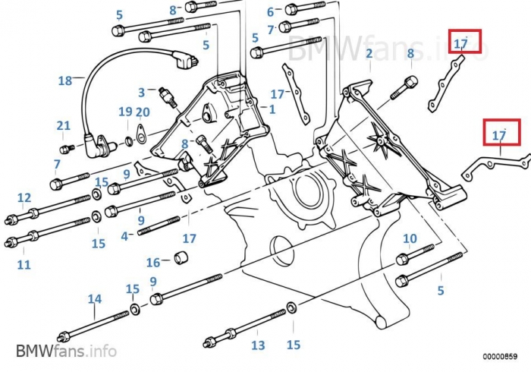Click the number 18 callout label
[64, 80]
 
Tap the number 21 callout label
[63, 125]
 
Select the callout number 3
[141, 93]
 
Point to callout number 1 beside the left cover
[272, 109]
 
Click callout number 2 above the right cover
[369, 53]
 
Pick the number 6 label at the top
[270, 12]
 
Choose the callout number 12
[24, 198]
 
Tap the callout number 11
[24, 264]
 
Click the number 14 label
[94, 299]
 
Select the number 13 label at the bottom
[258, 345]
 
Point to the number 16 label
[153, 263]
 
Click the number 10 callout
[410, 239]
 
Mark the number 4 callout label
[124, 235]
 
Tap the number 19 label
[125, 112]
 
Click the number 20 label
[143, 112]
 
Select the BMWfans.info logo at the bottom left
[66, 351]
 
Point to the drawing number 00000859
[500, 355]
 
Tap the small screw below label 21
[65, 147]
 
